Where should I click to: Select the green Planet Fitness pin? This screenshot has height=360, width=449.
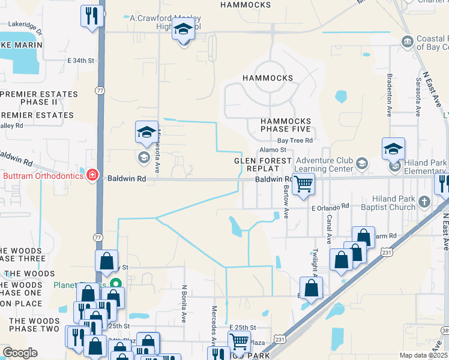[117, 284]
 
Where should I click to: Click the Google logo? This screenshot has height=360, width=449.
[20, 353]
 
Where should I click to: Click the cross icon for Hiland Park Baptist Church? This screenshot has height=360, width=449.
[425, 201]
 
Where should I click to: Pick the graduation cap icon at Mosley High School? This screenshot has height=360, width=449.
[183, 28]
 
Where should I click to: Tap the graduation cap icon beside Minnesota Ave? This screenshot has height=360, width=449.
[146, 132]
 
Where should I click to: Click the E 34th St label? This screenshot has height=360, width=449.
[81, 61]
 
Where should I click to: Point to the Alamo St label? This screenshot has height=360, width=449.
[273, 150]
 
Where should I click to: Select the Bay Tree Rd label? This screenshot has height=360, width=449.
[295, 140]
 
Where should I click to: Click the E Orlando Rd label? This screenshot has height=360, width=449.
[330, 206]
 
